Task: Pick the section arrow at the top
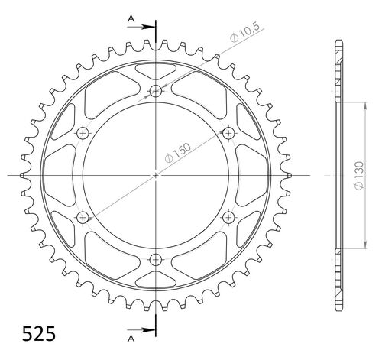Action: click(x=145, y=26)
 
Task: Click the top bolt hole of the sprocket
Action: click(x=156, y=92)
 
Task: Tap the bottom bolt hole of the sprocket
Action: click(x=156, y=258)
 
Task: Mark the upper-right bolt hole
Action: click(x=228, y=133)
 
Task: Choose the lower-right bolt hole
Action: click(x=228, y=217)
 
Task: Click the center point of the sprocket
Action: click(x=156, y=175)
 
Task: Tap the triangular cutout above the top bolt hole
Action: click(x=156, y=73)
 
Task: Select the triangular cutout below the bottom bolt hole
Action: click(x=156, y=277)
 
